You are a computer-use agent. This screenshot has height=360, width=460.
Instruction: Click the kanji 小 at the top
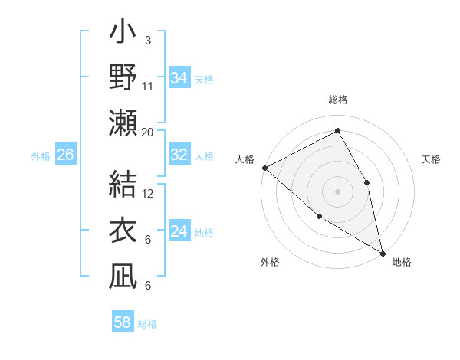pyautogui.click(x=123, y=35)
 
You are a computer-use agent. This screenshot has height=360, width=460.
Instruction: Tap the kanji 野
pyautogui.click(x=123, y=78)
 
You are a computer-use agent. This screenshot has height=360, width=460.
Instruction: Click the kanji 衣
pyautogui.click(x=123, y=231)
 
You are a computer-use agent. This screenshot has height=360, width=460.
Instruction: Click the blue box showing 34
pyautogui.click(x=179, y=77)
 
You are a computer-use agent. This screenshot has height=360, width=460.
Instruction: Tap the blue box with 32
pyautogui.click(x=179, y=155)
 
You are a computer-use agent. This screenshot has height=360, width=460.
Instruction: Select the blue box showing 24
pyautogui.click(x=179, y=231)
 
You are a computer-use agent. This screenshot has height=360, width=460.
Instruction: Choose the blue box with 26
pyautogui.click(x=65, y=155)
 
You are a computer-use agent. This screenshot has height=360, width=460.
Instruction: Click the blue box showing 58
pyautogui.click(x=123, y=322)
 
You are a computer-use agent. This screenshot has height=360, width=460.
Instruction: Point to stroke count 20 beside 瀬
pyautogui.click(x=148, y=132)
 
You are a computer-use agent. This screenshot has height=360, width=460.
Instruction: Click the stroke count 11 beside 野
pyautogui.click(x=148, y=86)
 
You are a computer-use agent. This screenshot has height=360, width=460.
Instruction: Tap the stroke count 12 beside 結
pyautogui.click(x=148, y=193)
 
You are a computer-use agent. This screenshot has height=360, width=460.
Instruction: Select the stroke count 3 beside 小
pyautogui.click(x=148, y=40)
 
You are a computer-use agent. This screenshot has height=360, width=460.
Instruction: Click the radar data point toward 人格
pyautogui.click(x=264, y=168)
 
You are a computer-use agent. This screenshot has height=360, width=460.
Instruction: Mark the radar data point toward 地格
pyautogui.click(x=382, y=252)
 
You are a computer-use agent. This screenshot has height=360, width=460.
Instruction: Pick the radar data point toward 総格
pyautogui.click(x=337, y=131)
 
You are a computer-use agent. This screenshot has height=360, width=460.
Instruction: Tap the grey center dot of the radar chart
pyautogui.click(x=337, y=190)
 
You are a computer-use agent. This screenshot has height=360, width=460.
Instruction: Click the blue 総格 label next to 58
pyautogui.click(x=147, y=324)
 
